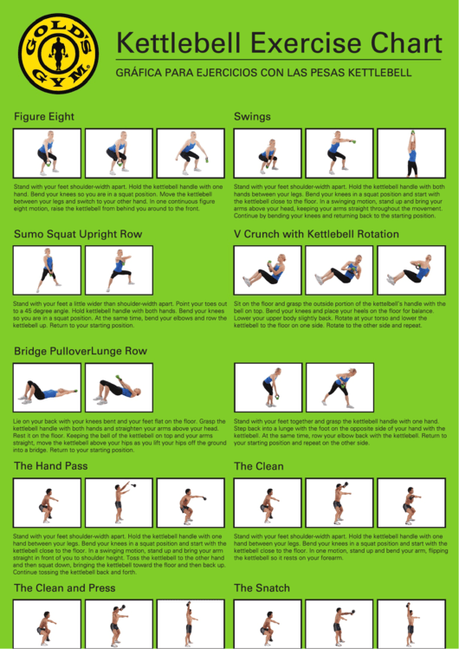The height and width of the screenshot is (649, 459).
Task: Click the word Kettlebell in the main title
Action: click(x=182, y=43)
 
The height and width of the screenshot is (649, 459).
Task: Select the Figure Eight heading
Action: click(x=44, y=116)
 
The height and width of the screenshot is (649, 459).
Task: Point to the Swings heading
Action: click(x=252, y=116)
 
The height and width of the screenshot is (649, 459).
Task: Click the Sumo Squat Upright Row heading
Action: click(x=78, y=234)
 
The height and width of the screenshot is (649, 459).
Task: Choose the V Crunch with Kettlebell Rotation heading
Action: click(x=316, y=234)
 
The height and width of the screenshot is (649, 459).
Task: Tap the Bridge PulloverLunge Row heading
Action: click(x=81, y=351)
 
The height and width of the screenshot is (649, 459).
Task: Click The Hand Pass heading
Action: click(x=50, y=466)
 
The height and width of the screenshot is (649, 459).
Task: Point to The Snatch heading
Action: click(x=262, y=588)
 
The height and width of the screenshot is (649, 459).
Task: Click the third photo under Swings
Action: click(x=411, y=153)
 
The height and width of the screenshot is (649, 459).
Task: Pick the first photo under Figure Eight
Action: click(x=48, y=153)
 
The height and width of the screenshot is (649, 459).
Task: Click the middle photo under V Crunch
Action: click(x=339, y=269)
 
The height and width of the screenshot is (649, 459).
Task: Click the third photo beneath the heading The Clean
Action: click(x=411, y=503)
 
